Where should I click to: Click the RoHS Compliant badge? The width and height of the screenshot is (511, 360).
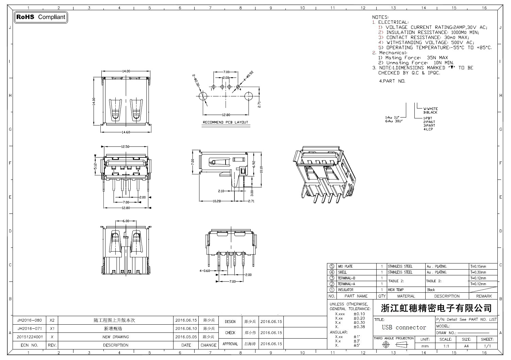[41, 17]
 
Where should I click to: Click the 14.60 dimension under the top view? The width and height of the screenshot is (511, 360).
[126, 132]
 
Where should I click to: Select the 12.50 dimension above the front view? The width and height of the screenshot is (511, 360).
[125, 147]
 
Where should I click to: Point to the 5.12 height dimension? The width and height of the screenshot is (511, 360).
[96, 166]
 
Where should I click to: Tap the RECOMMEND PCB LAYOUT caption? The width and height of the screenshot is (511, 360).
[226, 122]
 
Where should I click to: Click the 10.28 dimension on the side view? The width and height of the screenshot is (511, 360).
[217, 201]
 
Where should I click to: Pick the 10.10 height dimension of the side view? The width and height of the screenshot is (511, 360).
[261, 169]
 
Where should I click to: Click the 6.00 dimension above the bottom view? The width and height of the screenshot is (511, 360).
[126, 221]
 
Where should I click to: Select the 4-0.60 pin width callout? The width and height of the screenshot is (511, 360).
[204, 271]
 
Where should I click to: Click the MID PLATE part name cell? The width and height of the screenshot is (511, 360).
[345, 267]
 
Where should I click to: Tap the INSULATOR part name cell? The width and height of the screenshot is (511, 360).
[345, 290]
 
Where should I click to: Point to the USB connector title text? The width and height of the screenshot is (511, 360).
[404, 328]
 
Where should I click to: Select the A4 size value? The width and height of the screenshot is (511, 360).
[466, 346]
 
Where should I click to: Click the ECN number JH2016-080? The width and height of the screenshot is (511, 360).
[30, 320]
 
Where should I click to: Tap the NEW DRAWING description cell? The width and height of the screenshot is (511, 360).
[116, 337]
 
